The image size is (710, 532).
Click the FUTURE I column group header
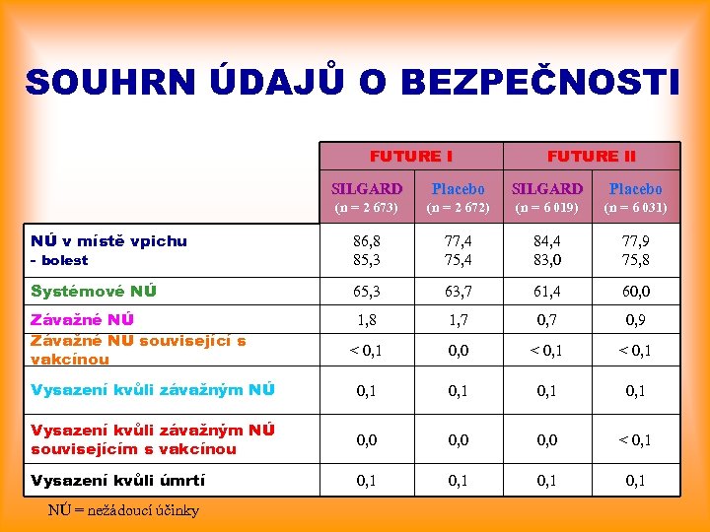point(411,156)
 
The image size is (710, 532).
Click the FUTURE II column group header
point(591,156)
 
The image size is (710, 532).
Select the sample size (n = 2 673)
point(367,208)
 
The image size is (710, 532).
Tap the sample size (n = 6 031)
point(635,208)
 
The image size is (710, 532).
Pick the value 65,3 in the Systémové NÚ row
point(367,292)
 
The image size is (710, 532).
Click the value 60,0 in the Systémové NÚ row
point(635,292)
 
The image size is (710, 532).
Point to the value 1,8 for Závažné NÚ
point(367,320)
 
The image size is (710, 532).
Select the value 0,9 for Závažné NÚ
point(635,320)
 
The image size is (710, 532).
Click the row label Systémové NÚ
point(94,291)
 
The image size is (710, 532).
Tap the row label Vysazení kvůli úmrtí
point(118,480)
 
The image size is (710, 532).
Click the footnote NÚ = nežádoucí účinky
point(123,509)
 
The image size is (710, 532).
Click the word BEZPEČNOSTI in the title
point(520,83)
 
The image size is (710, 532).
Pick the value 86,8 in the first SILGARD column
point(367,239)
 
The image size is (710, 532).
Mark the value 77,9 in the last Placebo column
point(635,239)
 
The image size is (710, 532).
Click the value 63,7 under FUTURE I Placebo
point(458,292)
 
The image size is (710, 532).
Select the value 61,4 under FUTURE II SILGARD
point(547,292)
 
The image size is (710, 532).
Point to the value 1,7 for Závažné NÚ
point(458,320)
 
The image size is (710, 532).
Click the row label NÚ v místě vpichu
point(108,240)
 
